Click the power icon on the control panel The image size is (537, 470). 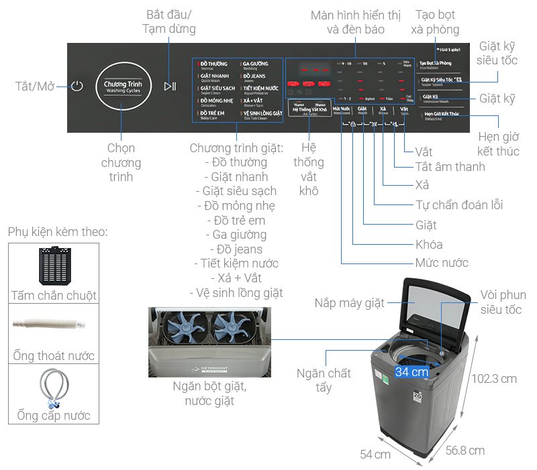click(x=78, y=86)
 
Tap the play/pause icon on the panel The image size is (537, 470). click(x=170, y=86)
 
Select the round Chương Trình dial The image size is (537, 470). click(x=124, y=86)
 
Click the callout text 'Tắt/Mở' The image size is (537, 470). click(x=34, y=86)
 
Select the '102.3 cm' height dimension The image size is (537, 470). click(x=493, y=378)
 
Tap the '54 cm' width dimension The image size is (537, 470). click(x=375, y=455)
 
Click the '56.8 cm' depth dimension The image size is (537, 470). click(x=465, y=450)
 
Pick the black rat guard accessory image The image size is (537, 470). click(x=54, y=266)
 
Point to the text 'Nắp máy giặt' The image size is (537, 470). click(x=350, y=304)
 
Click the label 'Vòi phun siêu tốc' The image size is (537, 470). click(x=503, y=302)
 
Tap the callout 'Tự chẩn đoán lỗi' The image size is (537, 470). click(x=459, y=205)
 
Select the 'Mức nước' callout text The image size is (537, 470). click(x=441, y=263)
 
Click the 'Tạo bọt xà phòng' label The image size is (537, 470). click(x=437, y=22)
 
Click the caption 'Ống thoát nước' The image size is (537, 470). click(x=54, y=356)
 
